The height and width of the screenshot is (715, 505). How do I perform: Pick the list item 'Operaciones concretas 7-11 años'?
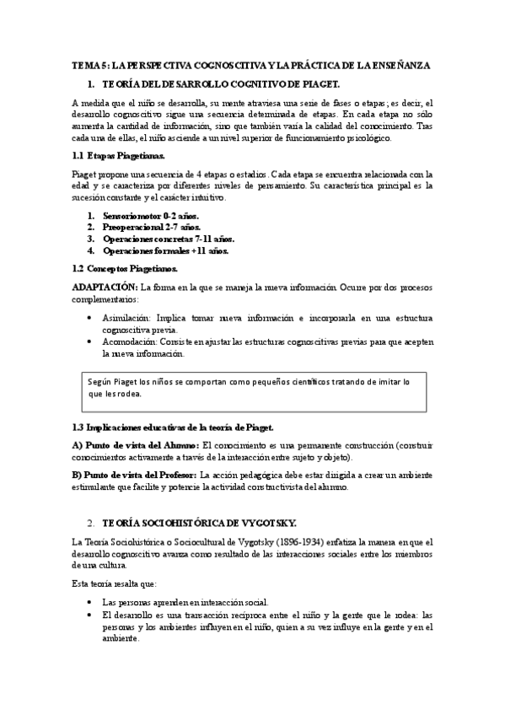162,239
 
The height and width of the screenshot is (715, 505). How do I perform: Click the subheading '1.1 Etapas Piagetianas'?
119,157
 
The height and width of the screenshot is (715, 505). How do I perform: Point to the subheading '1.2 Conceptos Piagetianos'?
125,268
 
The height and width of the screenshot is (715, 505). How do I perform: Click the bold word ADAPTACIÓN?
105,288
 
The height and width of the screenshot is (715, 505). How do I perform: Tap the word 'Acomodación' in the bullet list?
127,342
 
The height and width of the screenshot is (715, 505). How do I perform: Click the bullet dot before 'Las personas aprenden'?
91,602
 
